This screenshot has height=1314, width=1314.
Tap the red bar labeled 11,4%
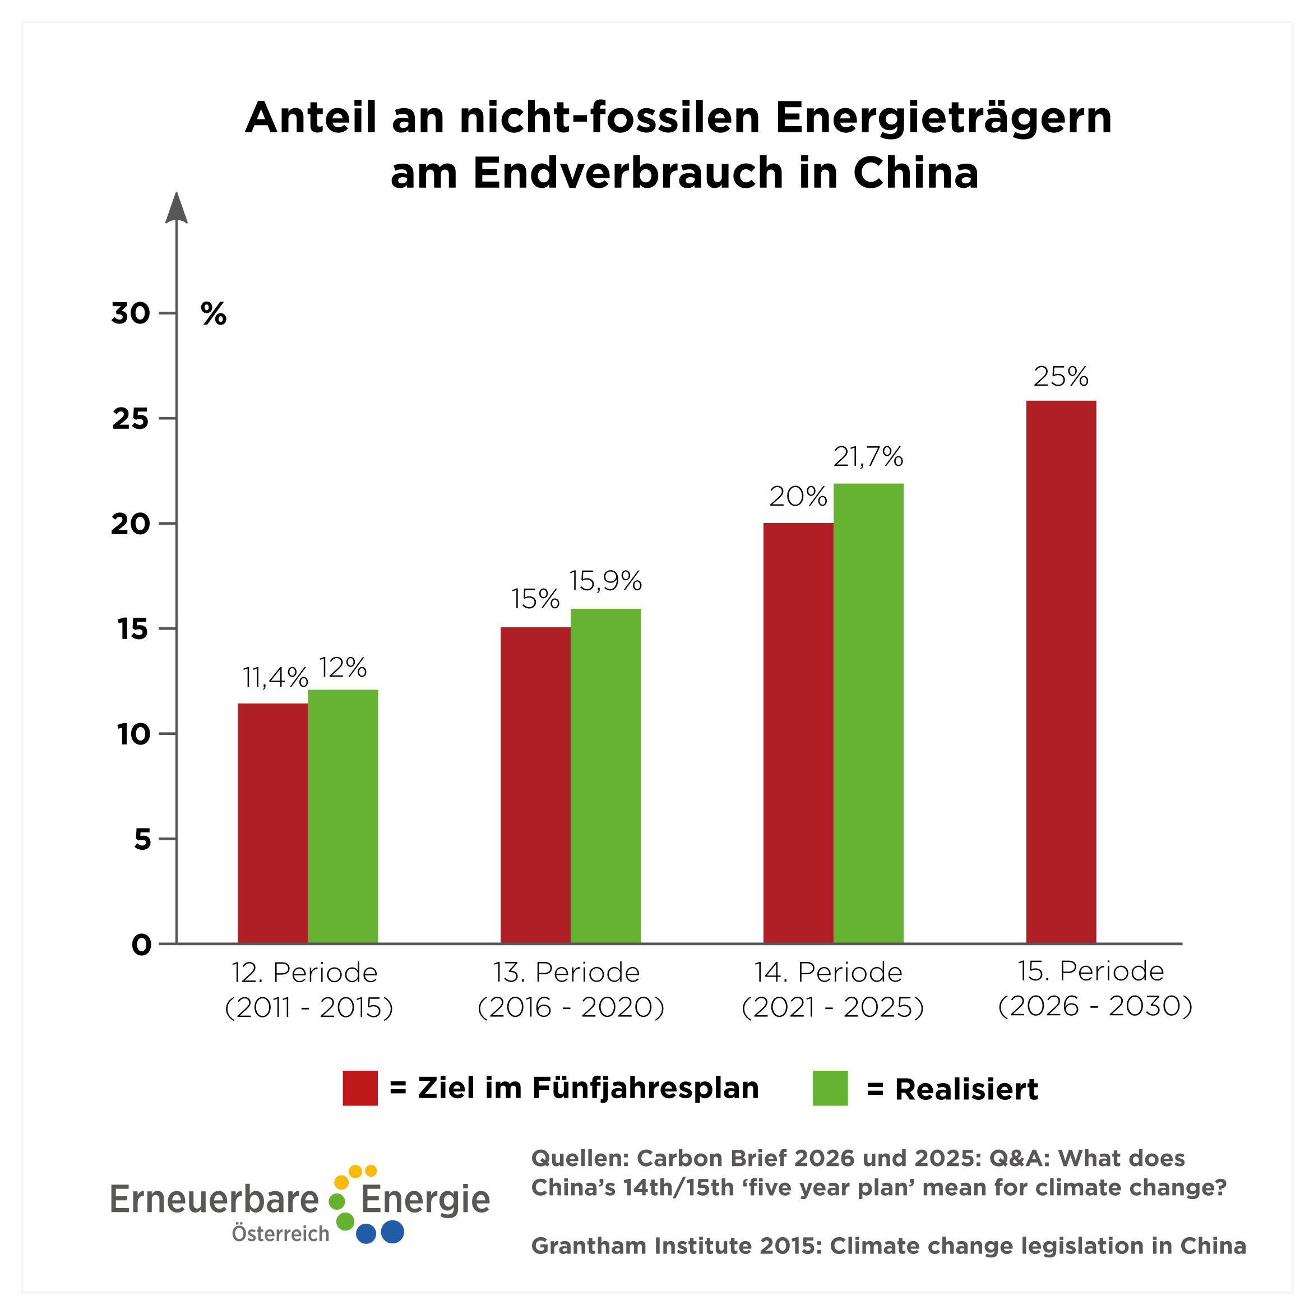click(x=273, y=823)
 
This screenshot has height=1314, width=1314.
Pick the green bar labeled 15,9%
click(x=605, y=775)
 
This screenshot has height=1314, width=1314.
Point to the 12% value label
click(x=343, y=668)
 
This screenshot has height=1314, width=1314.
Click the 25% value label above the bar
click(x=1061, y=377)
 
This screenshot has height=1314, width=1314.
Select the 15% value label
click(x=535, y=599)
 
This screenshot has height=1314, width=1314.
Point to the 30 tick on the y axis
click(x=131, y=313)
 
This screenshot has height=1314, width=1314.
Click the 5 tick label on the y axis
click(x=142, y=839)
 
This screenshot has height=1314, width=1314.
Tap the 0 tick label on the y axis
click(x=141, y=945)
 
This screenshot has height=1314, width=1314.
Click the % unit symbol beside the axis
click(x=214, y=314)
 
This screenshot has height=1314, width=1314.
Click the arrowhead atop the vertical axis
click(x=177, y=207)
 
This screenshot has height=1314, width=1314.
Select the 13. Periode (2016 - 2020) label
click(x=570, y=989)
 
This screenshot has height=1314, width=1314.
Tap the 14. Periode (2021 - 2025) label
click(x=832, y=989)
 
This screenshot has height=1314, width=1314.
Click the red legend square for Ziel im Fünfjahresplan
click(x=360, y=1088)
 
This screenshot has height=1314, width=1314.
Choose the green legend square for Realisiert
click(x=830, y=1088)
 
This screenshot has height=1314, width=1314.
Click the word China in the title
click(x=915, y=173)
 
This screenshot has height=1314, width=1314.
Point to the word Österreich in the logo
click(x=280, y=1234)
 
